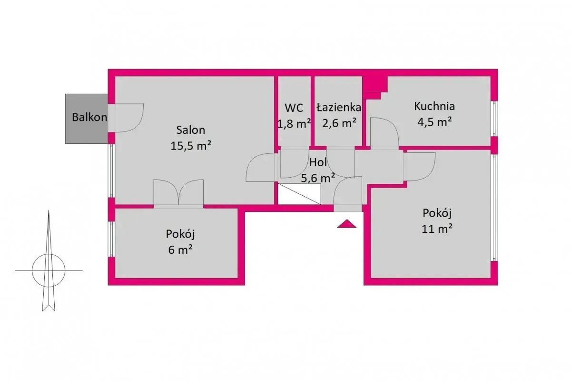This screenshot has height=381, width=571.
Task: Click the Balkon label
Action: pos(89,117)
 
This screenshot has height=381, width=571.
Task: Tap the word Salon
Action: pos(191,130)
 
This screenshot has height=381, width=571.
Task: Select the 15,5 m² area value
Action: pos(191,146)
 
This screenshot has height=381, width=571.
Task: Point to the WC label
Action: pos(294,108)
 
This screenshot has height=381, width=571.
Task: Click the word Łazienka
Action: pos(339,108)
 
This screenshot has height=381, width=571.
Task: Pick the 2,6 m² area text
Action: pos(339,123)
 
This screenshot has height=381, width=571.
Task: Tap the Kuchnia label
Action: pos(434,106)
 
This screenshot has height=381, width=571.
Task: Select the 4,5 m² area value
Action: pos(434,122)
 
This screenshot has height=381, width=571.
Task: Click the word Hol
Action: pos(318,162)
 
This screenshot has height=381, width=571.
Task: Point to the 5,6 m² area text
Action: pos(318,178)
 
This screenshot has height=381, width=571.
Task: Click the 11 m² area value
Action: pos(437,229)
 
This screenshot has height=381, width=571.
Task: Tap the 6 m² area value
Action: pos(180,250)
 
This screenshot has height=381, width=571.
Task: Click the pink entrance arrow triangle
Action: pos(347,224)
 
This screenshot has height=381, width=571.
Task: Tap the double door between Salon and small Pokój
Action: pos(178,194)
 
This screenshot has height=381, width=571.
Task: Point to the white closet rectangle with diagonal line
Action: pos(299,194)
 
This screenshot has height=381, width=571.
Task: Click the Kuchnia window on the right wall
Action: pos(494,119)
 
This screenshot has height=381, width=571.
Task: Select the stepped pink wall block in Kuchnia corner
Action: pos(375,86)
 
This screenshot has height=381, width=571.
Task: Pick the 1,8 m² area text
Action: pos(294,123)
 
